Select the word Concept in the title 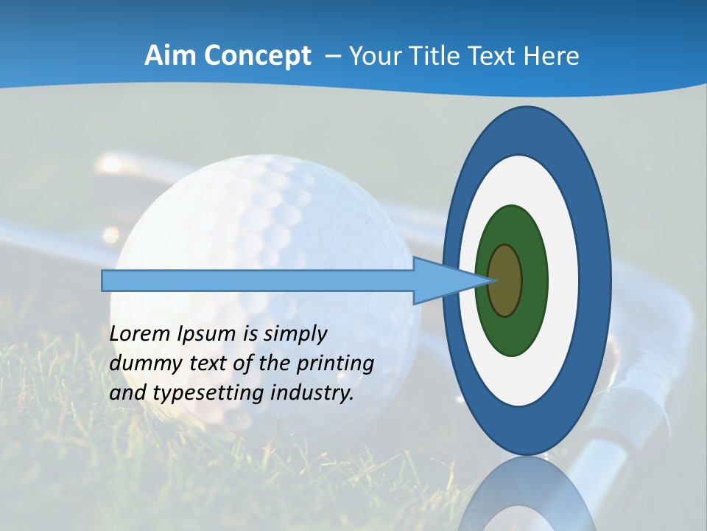(x=257, y=56)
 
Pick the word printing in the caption (x=335, y=364)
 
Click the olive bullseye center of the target (x=505, y=281)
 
